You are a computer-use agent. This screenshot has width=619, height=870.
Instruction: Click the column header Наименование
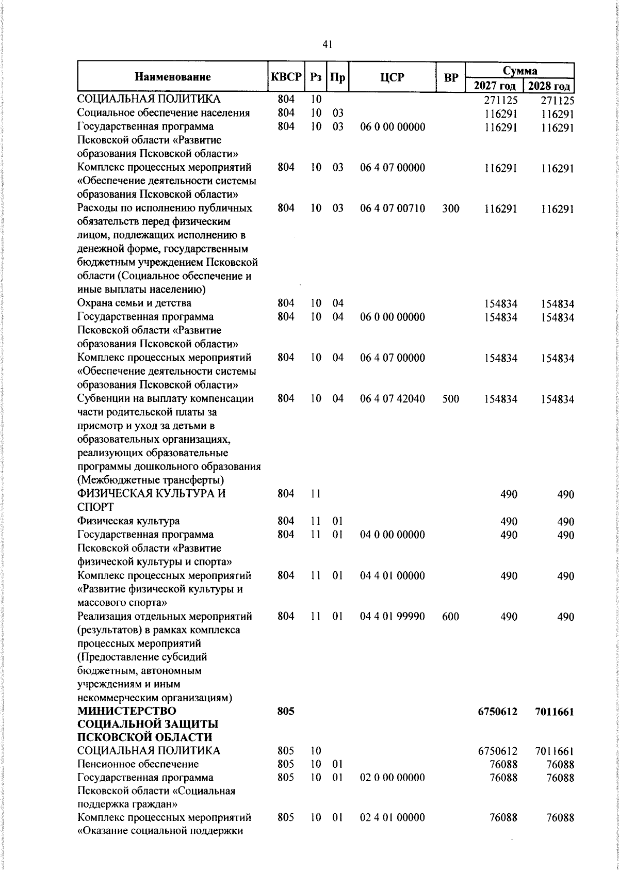click(x=173, y=77)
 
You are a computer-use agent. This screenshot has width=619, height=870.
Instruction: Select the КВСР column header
click(x=286, y=77)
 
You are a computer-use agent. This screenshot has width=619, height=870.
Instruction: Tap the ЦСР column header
click(x=392, y=77)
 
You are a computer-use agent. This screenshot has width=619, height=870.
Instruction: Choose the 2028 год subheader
click(x=548, y=86)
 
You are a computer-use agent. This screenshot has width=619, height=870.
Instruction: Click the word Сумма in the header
click(x=520, y=71)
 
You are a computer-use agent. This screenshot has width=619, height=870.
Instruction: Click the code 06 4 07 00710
click(x=393, y=208)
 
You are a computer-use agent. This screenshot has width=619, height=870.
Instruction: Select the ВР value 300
click(x=451, y=208)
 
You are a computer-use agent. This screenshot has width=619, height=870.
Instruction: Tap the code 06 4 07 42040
click(x=393, y=399)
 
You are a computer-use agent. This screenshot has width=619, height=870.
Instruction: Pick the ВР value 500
click(x=451, y=399)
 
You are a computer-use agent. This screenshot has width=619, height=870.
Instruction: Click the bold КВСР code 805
click(x=286, y=711)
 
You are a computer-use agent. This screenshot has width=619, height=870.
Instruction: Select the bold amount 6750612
click(x=498, y=712)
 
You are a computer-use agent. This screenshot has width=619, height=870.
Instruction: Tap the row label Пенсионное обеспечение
click(x=138, y=764)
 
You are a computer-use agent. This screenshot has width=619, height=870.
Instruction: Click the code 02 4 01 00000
click(x=393, y=817)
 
